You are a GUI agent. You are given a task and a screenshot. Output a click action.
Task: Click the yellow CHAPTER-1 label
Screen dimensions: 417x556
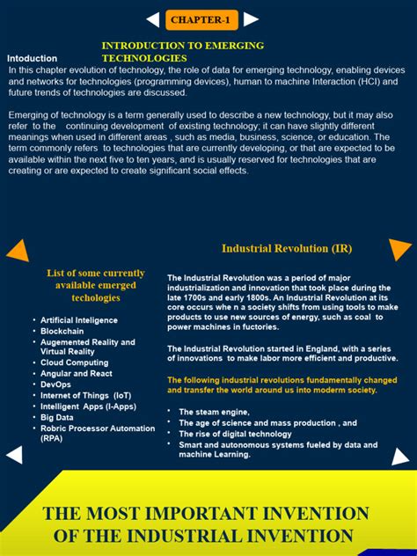[x=201, y=19]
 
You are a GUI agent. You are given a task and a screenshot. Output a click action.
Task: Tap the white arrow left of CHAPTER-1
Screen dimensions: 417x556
[x=153, y=19]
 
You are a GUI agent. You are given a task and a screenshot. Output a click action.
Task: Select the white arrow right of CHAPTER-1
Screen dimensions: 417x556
[x=251, y=19]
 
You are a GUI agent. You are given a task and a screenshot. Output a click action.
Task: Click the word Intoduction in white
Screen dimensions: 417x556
[x=32, y=58]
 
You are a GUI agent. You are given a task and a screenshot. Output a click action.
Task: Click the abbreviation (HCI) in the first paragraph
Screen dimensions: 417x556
[x=369, y=81]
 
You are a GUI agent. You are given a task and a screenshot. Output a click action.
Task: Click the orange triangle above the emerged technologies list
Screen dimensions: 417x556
[x=18, y=252]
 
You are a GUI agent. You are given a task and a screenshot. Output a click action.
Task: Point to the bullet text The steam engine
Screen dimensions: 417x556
[x=214, y=412]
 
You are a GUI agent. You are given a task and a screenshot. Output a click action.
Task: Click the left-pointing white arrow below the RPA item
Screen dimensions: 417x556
[x=13, y=455]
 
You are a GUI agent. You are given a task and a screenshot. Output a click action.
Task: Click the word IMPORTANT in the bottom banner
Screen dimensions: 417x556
[x=210, y=514]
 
